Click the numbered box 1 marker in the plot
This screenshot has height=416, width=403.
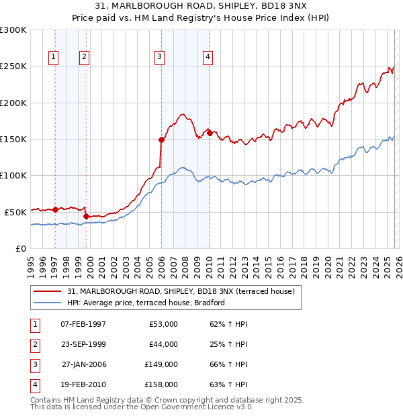(53, 57)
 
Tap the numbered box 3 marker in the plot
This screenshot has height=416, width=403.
(160, 57)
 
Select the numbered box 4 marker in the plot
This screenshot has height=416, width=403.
(208, 57)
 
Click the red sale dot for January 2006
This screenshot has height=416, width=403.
(161, 140)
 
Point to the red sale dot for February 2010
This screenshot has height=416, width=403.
(210, 134)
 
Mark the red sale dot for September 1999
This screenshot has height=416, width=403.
(86, 216)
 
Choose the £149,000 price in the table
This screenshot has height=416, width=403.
(161, 364)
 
